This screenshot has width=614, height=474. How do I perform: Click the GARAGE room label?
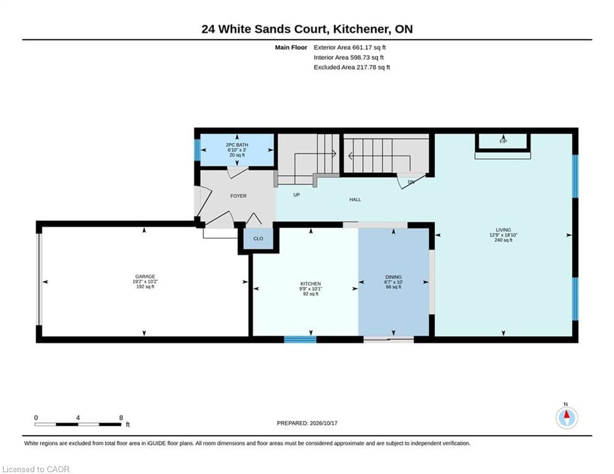[x=145, y=276]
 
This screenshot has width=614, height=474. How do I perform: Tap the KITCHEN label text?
[x=310, y=284]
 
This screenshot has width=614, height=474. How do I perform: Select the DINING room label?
[x=393, y=277]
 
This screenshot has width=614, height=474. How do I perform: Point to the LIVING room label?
[x=503, y=230]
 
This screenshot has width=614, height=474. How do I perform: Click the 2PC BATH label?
[x=237, y=145]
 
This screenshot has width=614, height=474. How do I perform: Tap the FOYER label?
[x=238, y=196]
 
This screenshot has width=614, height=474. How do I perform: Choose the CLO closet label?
[x=258, y=239]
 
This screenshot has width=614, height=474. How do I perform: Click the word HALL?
[x=355, y=200]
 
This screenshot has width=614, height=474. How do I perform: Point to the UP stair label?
[x=296, y=194]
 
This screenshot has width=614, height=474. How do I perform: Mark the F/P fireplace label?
[x=503, y=141]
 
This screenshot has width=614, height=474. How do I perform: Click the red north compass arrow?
[x=566, y=415]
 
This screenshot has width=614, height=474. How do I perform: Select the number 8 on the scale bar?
[x=121, y=418]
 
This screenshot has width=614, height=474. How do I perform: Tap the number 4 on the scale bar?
[x=78, y=418]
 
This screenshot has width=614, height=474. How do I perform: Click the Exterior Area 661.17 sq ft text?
[x=350, y=48]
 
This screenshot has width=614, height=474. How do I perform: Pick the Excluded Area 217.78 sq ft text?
[x=352, y=67]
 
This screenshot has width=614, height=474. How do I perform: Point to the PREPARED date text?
[x=307, y=423]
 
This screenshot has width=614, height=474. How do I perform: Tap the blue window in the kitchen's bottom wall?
[x=300, y=339]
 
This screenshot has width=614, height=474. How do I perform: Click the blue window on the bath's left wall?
[x=197, y=149]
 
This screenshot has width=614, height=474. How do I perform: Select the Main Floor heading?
[x=291, y=48]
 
